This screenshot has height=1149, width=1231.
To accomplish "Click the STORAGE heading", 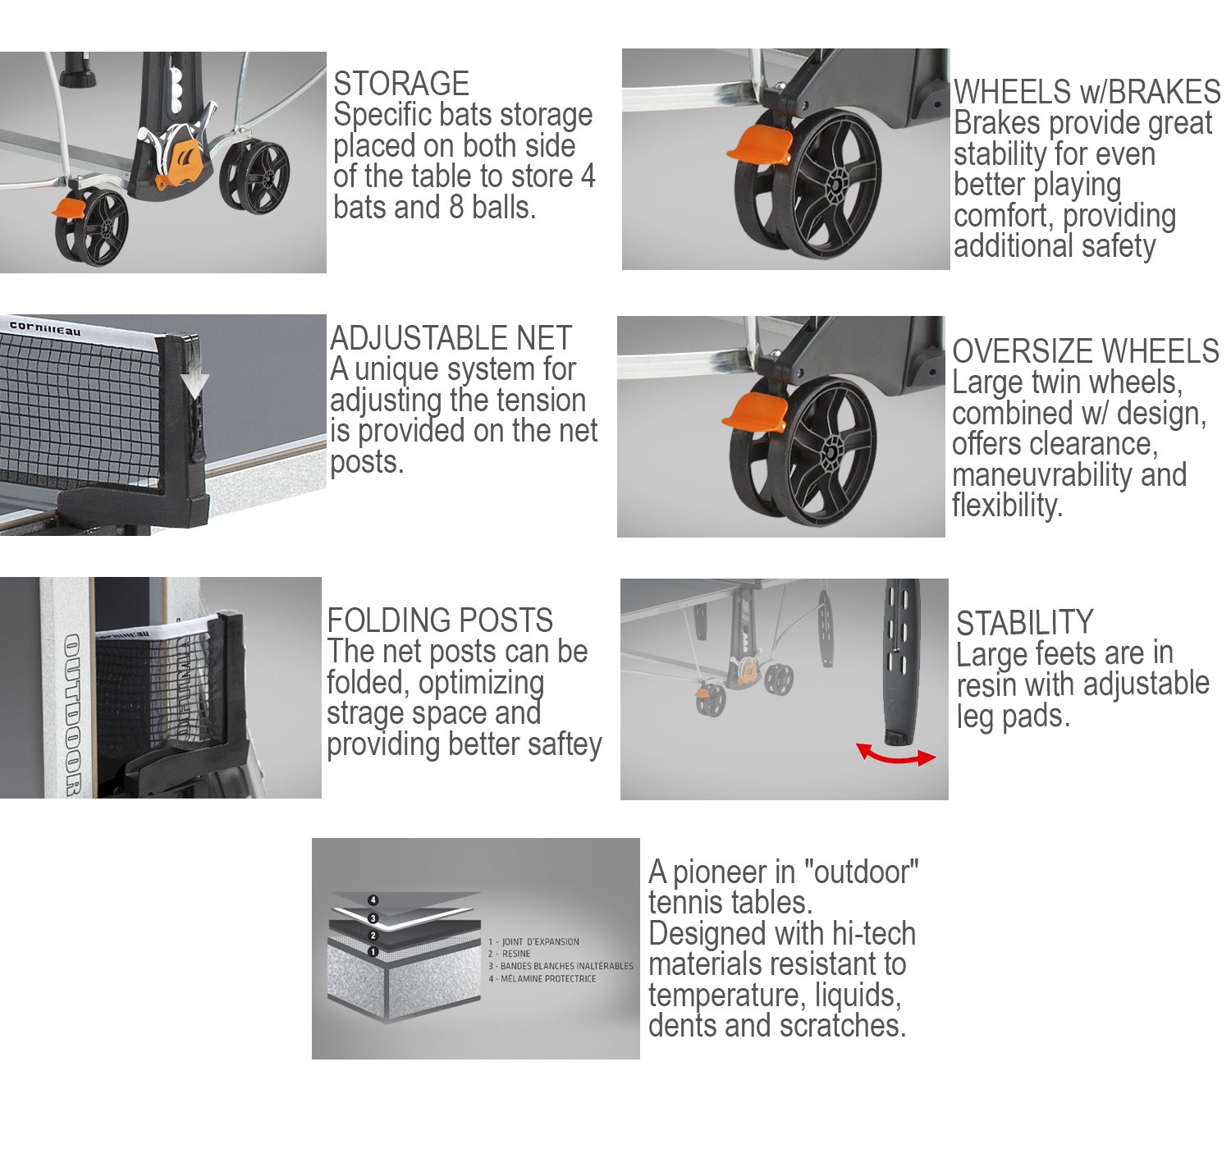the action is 401,84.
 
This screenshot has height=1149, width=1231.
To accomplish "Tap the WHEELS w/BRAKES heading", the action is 1087,93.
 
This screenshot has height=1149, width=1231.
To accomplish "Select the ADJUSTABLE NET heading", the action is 451,339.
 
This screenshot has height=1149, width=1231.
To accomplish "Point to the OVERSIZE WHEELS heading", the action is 1086,351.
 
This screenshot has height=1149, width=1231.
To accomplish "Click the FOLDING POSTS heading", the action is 439,620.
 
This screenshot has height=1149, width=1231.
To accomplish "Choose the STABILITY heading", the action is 1024,623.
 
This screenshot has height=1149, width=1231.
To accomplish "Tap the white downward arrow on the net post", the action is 194,380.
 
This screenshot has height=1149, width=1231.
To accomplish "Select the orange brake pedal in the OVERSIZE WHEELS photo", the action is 754,411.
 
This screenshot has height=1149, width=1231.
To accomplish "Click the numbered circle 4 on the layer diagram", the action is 373,900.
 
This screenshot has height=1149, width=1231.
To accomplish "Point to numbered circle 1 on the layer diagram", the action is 373,952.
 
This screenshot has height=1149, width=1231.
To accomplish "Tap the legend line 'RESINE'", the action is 509,954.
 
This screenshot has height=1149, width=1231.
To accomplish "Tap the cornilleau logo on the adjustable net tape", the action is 44,327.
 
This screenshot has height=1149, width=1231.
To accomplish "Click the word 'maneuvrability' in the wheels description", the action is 1044,475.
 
